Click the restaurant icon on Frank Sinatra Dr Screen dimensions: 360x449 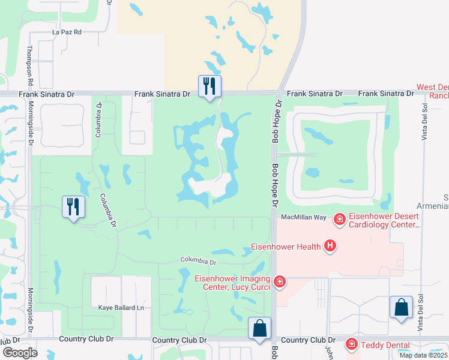pos(209,86)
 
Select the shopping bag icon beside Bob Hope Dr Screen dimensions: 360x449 pos(259,329)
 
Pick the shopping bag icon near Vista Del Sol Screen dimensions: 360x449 pos(401,308)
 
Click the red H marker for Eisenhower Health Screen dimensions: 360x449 pos(329,245)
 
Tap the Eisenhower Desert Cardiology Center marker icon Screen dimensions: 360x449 pos(340,220)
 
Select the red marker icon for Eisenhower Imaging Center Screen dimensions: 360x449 pos(279,281)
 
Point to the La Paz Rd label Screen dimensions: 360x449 pos(67,32)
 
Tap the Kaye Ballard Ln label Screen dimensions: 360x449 pos(122,308)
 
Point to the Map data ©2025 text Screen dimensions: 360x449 pos(423,355)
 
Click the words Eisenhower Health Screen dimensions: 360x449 pos(285,246)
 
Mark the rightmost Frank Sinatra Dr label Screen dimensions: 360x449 pos(386,94)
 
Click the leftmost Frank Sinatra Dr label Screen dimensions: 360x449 pos(46,94)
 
